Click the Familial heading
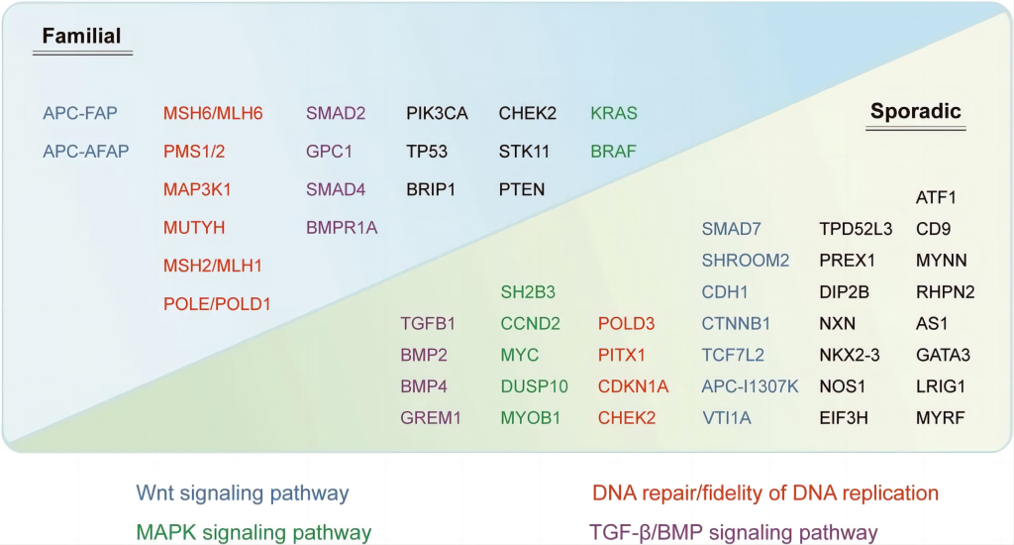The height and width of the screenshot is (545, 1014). coord(81,36)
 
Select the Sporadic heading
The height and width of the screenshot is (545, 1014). coord(915,111)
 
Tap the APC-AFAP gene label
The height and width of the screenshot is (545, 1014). coord(86,152)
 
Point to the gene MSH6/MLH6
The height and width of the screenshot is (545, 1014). coord(213,113)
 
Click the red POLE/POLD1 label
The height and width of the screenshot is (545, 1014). coord(217,304)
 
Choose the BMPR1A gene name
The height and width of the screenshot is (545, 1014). coord(342,228)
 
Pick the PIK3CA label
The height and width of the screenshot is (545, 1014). coord(437,113)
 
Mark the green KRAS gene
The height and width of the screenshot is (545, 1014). coord(614,113)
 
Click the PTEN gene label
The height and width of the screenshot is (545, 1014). coord(521,189)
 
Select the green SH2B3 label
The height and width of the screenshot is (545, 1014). coord(528,292)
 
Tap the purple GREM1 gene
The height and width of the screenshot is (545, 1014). coord(430,418)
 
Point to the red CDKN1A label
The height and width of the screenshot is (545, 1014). coord(633,386)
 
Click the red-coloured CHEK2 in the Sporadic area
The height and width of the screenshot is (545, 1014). coord(627,418)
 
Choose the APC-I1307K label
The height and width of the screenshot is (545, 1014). coord(751,386)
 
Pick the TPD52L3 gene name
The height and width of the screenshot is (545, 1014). coord(856,229)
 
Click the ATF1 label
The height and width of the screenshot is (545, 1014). coord(936,197)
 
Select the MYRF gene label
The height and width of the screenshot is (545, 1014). coord(941,418)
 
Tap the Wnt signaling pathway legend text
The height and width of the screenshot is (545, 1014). coord(243,493)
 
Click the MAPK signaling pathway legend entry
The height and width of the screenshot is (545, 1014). coord(253,533)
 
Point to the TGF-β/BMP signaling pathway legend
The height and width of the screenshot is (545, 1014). coord(734,533)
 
